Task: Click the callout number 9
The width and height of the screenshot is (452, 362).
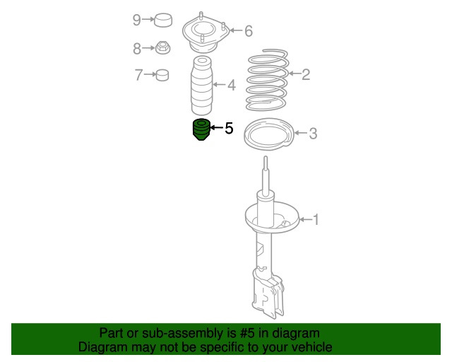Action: tap(136, 20)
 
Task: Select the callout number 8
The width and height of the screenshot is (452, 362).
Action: tap(136, 48)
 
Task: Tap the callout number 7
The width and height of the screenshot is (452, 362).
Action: tap(139, 73)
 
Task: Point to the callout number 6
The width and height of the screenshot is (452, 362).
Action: tap(248, 30)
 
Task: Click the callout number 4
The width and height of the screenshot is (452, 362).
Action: tap(232, 86)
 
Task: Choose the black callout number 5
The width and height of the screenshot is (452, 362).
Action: tap(229, 128)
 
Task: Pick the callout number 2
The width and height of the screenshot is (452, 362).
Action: tap(306, 74)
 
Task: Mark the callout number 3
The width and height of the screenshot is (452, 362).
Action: tap(313, 133)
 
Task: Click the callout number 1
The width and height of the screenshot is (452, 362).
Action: tap(316, 220)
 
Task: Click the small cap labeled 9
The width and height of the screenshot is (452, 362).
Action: tap(165, 20)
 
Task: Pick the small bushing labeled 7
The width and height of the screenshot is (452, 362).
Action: tap(163, 74)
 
